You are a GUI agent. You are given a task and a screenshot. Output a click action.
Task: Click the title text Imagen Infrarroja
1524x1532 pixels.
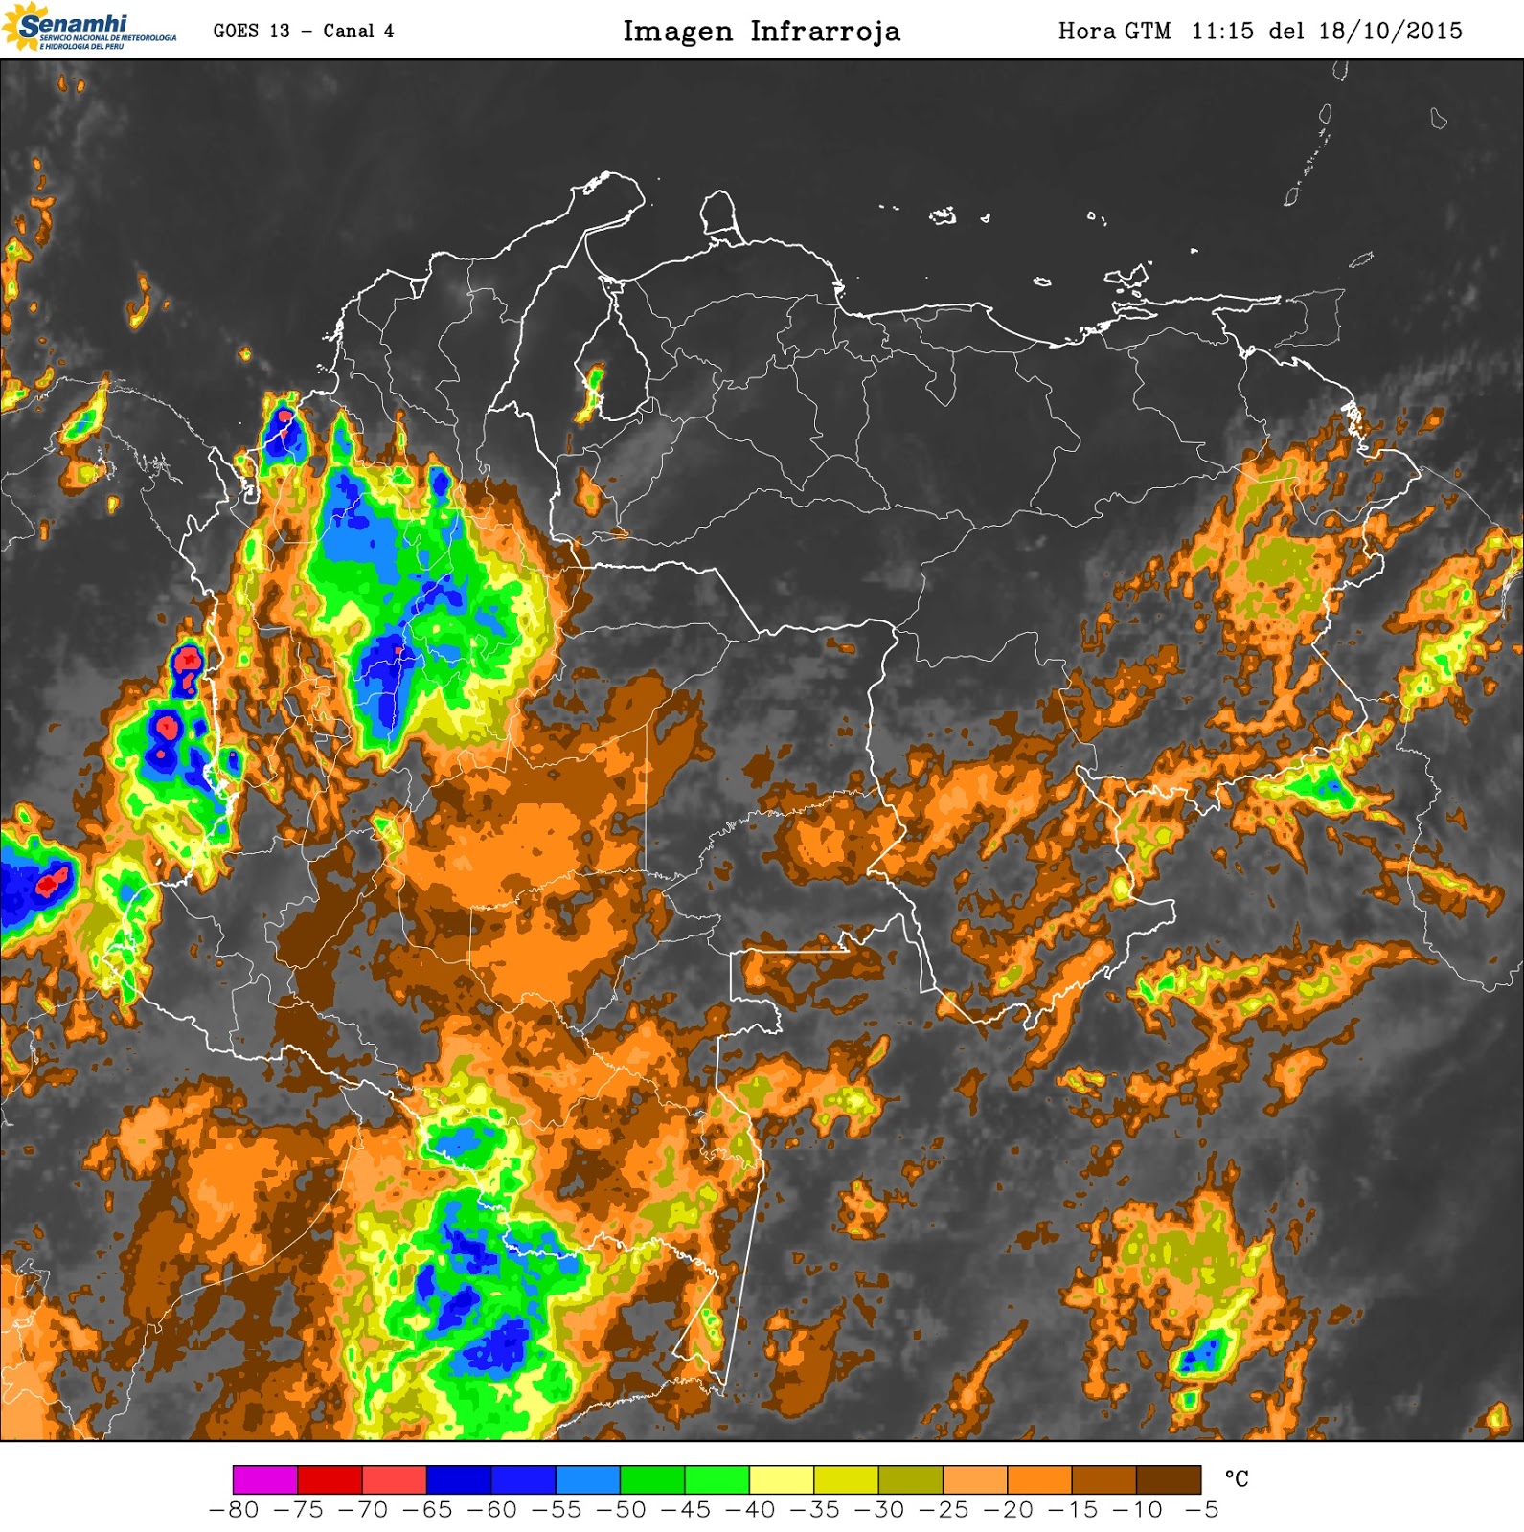(x=762, y=32)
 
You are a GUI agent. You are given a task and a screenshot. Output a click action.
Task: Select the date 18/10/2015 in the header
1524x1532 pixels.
(x=1390, y=31)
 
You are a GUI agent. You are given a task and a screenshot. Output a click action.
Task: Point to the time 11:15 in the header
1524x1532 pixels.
(x=1222, y=31)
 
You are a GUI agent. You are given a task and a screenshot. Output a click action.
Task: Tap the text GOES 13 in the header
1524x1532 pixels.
(x=251, y=31)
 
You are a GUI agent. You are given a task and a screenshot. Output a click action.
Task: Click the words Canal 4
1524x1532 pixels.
(x=358, y=31)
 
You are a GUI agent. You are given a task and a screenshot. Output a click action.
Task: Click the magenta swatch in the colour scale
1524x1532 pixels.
(x=265, y=1479)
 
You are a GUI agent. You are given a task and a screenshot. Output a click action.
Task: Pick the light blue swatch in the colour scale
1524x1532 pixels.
(x=588, y=1479)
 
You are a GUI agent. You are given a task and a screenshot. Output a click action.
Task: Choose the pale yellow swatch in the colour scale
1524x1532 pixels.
(x=782, y=1479)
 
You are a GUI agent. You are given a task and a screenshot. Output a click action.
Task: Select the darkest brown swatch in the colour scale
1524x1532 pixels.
(x=1169, y=1479)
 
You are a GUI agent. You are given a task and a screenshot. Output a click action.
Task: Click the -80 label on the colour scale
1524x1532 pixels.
(x=234, y=1510)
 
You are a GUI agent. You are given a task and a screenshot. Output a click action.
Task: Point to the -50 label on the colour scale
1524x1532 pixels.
(x=621, y=1510)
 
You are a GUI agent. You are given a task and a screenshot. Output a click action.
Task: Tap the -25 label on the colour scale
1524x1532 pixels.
(x=944, y=1510)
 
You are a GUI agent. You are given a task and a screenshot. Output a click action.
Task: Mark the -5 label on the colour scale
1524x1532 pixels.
(x=1202, y=1510)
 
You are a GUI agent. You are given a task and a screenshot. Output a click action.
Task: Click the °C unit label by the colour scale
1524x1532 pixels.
(x=1237, y=1479)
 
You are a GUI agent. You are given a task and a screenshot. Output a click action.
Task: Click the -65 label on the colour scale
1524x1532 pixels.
(x=427, y=1510)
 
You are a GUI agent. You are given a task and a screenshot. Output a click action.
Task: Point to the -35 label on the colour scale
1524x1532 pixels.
(x=814, y=1510)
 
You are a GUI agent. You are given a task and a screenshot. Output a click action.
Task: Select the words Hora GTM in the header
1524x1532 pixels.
(x=1114, y=31)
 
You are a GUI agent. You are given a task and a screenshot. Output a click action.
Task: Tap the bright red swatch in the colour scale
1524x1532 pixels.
(x=330, y=1479)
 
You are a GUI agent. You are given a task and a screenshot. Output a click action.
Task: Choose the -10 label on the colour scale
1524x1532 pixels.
(x=1137, y=1510)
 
